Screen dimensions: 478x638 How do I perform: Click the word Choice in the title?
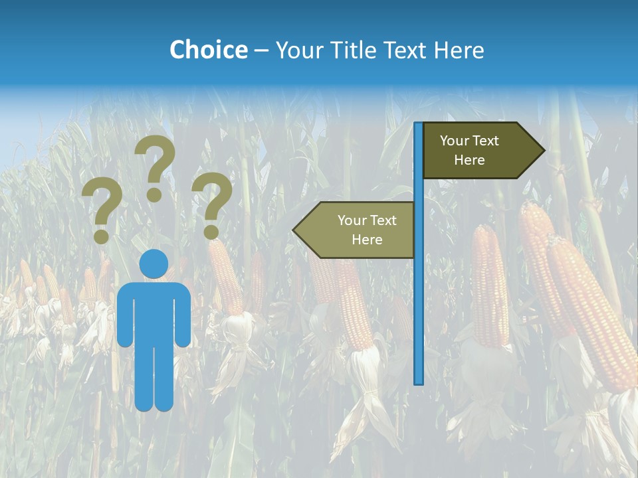point(208,50)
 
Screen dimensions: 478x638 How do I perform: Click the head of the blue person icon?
point(154,264)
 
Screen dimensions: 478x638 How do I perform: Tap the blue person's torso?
point(154,312)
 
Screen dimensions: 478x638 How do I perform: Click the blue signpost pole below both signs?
point(419,319)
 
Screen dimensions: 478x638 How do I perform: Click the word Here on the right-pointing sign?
point(469,160)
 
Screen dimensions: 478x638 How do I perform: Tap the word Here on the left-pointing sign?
point(367,240)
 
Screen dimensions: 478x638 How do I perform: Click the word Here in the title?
point(459,50)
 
